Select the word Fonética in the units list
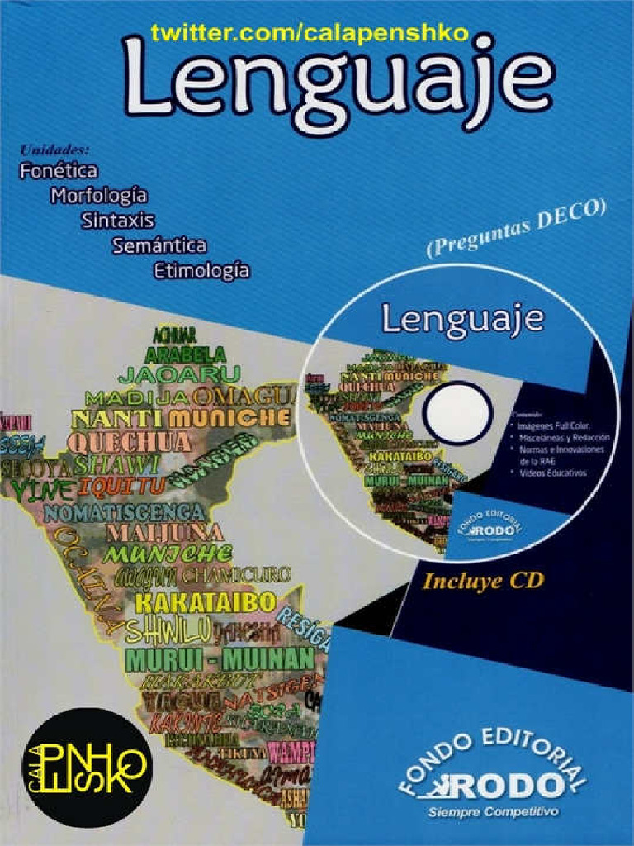58,171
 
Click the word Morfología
98,196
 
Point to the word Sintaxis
117,221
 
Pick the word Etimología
201,270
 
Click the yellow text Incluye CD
483,581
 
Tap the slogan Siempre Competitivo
493,812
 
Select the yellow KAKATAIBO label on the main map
204,602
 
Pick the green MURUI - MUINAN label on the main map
220,659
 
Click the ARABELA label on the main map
186,354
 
